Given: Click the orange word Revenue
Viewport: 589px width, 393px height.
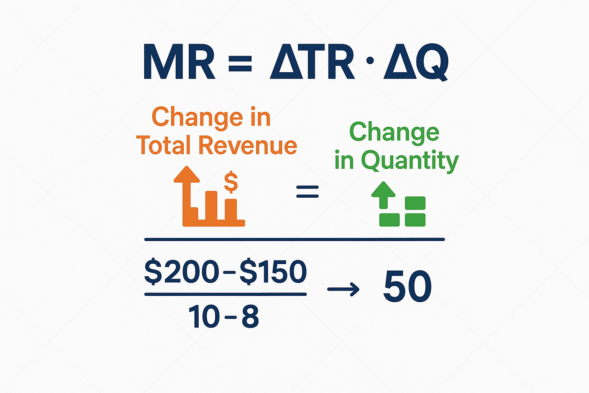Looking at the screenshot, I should coord(247,146).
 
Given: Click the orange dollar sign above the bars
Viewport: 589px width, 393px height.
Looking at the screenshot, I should coord(231,182).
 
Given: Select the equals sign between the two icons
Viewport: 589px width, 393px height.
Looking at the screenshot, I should coord(308,192).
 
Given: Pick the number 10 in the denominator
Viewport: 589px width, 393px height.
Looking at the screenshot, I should coord(204,317).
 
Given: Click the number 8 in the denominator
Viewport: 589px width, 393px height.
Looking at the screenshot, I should coord(250,317).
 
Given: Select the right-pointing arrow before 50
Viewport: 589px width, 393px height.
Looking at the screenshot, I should coord(343,289).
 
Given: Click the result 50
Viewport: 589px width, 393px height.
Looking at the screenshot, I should coord(407,287).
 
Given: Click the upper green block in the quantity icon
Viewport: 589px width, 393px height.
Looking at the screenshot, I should coord(415,203).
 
